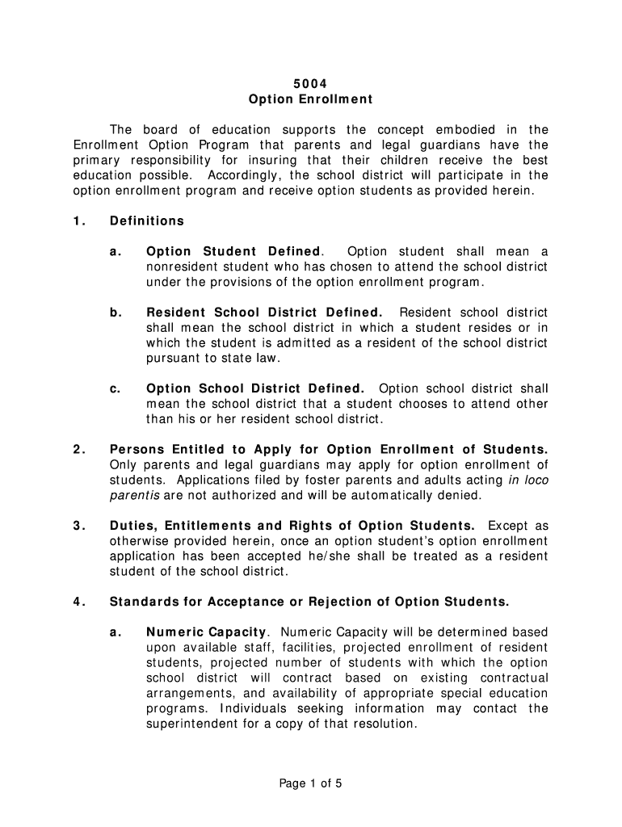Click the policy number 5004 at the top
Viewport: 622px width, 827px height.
(x=310, y=84)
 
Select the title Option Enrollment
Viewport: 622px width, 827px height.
(x=310, y=99)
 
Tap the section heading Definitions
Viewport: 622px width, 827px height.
(x=147, y=220)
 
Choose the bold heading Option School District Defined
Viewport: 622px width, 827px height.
(x=255, y=388)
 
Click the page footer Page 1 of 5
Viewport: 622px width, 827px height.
(x=311, y=783)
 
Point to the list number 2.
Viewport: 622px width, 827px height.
(x=78, y=449)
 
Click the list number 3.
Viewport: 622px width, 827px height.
(x=78, y=526)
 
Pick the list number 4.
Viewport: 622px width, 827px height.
(x=78, y=602)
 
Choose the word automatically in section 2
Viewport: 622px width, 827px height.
(x=397, y=495)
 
